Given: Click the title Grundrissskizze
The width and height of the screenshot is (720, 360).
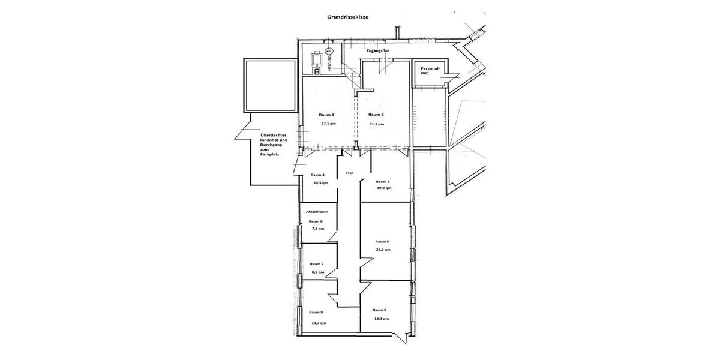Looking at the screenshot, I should (348, 17).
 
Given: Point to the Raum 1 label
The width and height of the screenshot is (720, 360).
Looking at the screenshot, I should (326, 115).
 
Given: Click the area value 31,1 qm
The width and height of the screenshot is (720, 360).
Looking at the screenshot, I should (376, 124).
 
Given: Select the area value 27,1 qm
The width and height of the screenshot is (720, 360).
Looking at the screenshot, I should (328, 124).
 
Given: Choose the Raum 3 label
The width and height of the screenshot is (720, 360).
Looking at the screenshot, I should (383, 181).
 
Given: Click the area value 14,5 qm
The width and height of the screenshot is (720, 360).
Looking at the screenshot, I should (320, 182).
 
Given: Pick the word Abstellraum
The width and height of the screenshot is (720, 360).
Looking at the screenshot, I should (316, 212).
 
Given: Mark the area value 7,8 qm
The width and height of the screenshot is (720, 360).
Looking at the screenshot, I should (317, 229).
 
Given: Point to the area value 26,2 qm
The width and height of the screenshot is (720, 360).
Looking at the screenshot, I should (383, 250).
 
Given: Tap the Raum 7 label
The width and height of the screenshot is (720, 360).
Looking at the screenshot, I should (317, 264).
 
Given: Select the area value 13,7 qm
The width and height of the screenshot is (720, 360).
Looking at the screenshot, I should (319, 323).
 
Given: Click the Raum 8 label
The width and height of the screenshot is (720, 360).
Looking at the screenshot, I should (379, 310).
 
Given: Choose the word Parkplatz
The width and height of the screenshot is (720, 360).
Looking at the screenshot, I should (270, 155).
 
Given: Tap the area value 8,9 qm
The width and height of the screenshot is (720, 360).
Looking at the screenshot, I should (317, 272).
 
